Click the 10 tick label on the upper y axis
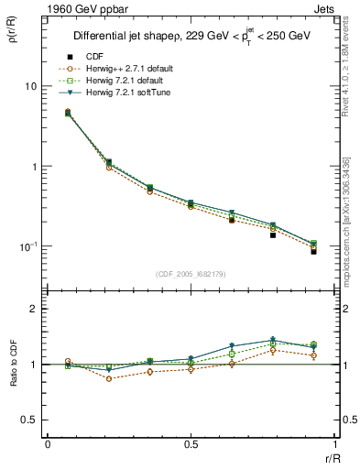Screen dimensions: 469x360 coord(29,86)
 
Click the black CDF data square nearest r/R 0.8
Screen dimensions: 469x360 coord(272,235)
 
